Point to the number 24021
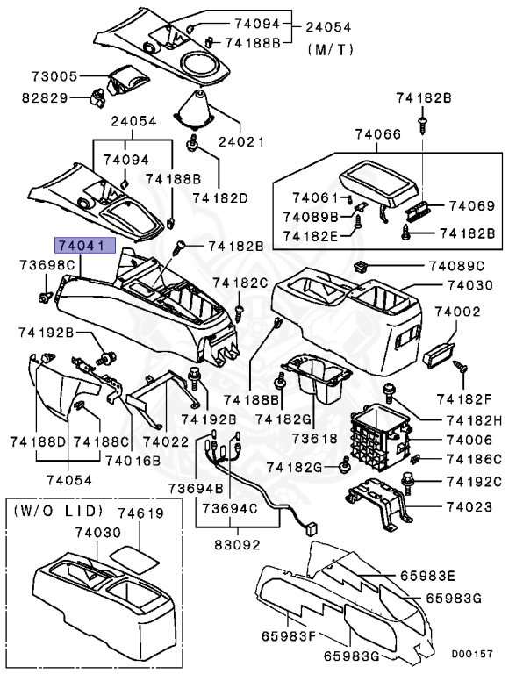(x=241, y=140)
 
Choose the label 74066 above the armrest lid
(x=378, y=135)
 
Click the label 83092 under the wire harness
(x=238, y=544)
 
